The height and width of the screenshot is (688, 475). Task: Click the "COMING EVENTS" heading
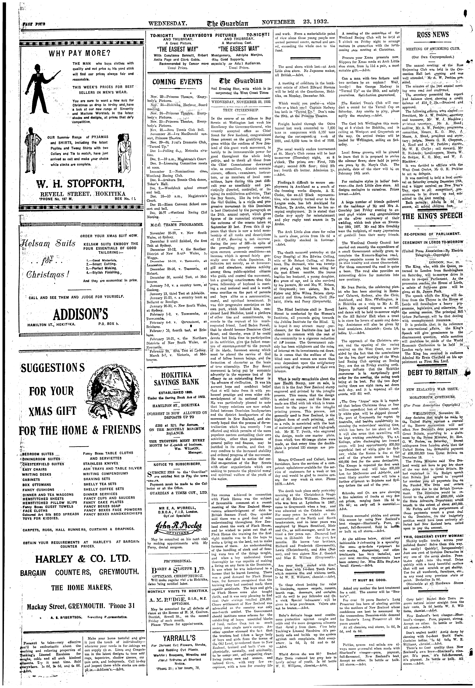[177, 82]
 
